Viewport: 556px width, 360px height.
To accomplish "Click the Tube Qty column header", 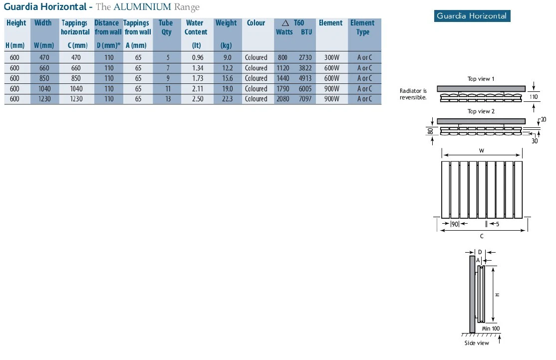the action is (x=166, y=27).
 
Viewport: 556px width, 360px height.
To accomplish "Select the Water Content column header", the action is (x=196, y=27).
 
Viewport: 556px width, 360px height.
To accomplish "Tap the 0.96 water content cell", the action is (x=198, y=57).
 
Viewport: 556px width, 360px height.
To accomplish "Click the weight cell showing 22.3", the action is (x=227, y=99).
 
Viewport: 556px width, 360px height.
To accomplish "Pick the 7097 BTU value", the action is (x=305, y=99).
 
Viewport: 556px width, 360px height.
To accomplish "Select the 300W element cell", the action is (x=331, y=57).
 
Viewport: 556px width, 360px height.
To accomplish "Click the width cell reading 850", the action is (x=44, y=78).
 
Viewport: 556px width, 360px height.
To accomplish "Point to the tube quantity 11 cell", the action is (x=168, y=89).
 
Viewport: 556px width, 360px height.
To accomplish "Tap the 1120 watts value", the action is (x=283, y=68).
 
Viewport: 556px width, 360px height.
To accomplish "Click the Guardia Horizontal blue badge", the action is (x=472, y=16).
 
